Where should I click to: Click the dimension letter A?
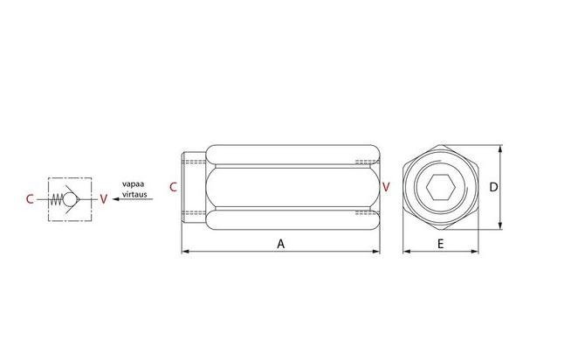(x=280, y=244)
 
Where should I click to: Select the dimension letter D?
(x=493, y=187)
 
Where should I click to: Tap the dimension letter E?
(x=440, y=244)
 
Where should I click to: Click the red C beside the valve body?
(x=174, y=187)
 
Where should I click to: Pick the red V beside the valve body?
(x=386, y=187)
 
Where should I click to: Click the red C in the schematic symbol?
(x=30, y=199)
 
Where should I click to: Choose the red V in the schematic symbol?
(x=104, y=199)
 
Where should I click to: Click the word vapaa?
(x=133, y=184)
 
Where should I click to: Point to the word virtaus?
(x=134, y=194)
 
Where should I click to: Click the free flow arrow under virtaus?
(x=133, y=199)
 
